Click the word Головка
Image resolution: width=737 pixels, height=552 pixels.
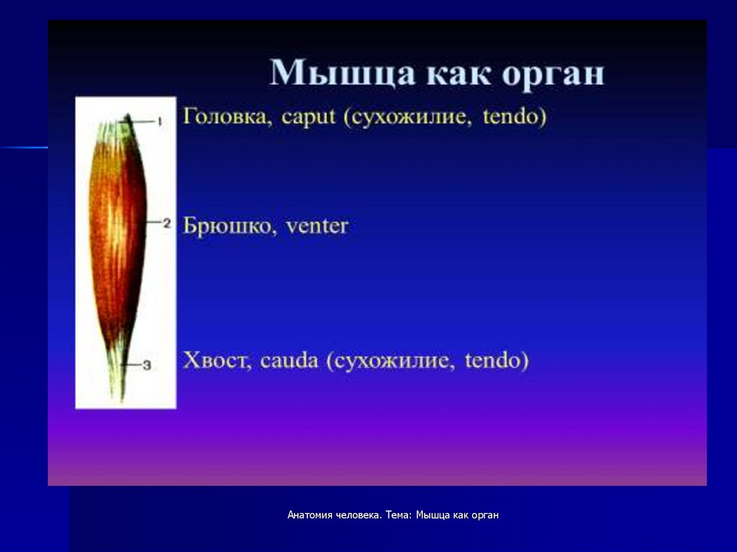tap(227, 116)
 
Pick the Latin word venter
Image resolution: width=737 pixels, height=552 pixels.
tap(317, 227)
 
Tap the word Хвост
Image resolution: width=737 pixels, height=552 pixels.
tap(217, 360)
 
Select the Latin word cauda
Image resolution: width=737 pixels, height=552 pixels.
tap(289, 361)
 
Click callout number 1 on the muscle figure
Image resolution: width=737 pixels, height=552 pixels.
tap(160, 122)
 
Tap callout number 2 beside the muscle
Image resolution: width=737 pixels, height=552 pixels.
tap(166, 223)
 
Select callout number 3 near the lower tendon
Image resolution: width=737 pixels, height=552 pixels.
tap(147, 365)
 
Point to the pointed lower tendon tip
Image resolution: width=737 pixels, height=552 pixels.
tap(122, 401)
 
